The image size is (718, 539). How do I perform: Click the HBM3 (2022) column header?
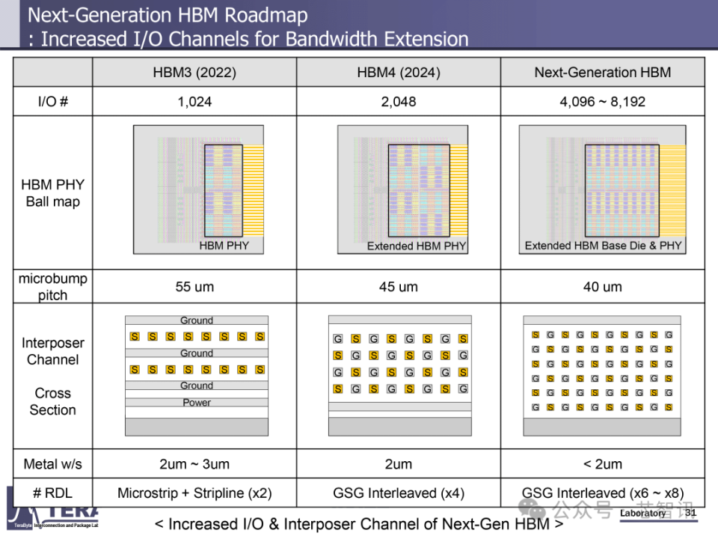(194, 73)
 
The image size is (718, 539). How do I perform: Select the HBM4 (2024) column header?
(398, 73)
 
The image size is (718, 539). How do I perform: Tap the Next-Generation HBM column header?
(602, 73)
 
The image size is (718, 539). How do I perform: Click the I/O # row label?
(52, 102)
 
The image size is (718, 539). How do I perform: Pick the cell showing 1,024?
(194, 102)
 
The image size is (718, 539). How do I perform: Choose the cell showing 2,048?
(398, 102)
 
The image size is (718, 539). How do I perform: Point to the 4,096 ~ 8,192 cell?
(602, 102)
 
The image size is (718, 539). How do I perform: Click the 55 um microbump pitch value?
(194, 287)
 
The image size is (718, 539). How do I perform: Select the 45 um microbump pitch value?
(398, 287)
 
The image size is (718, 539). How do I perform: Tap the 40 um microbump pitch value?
(602, 287)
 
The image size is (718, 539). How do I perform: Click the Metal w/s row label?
(52, 464)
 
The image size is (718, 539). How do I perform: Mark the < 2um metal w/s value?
(602, 464)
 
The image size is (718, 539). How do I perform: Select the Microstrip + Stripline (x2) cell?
(194, 493)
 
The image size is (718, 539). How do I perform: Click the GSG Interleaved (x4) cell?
(398, 493)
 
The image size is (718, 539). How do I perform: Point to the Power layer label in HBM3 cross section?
(197, 403)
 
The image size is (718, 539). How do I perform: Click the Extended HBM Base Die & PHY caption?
(603, 246)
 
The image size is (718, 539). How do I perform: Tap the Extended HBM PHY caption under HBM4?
(416, 246)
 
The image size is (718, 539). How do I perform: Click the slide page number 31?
(690, 513)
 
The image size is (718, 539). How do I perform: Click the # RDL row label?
(52, 493)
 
